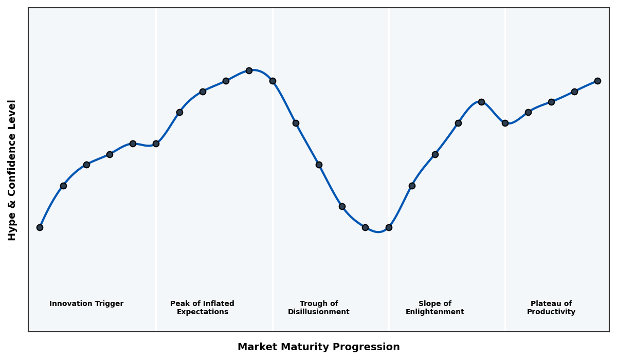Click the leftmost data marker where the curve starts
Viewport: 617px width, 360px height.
(x=40, y=227)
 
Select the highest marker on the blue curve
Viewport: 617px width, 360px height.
(x=249, y=70)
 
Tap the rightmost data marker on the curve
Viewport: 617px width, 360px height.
(x=597, y=81)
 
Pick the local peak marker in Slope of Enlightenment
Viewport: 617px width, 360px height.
(x=481, y=102)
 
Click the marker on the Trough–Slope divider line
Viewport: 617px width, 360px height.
(x=389, y=227)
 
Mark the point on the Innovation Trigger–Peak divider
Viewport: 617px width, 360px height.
(x=156, y=143)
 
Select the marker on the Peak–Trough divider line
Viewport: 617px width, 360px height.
(x=273, y=81)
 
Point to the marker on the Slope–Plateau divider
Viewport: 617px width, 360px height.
(x=505, y=123)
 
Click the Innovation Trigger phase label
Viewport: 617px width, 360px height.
(x=86, y=304)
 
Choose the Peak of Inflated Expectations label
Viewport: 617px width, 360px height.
(x=202, y=308)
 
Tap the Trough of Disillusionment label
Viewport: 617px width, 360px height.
(x=319, y=308)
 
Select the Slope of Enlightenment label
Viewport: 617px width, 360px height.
(x=435, y=308)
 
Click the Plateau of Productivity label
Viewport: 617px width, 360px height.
(x=551, y=308)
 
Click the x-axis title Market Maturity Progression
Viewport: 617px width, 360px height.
(x=319, y=347)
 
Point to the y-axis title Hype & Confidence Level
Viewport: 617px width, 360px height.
(x=12, y=170)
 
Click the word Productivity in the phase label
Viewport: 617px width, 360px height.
(x=551, y=312)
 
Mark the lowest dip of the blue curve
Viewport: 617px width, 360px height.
(x=378, y=231)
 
